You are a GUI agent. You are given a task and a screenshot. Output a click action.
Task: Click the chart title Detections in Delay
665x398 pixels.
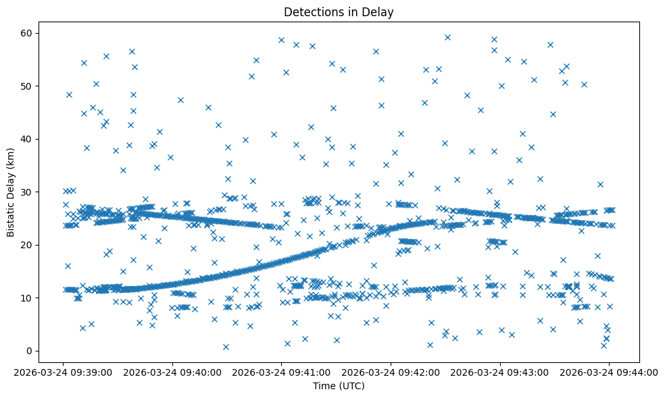click(x=339, y=12)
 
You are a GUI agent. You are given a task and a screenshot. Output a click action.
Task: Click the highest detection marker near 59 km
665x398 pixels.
click(x=447, y=37)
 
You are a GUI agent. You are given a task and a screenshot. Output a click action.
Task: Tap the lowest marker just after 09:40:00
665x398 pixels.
click(x=226, y=347)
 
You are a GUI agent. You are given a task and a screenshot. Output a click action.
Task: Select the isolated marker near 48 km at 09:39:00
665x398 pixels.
click(x=69, y=94)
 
